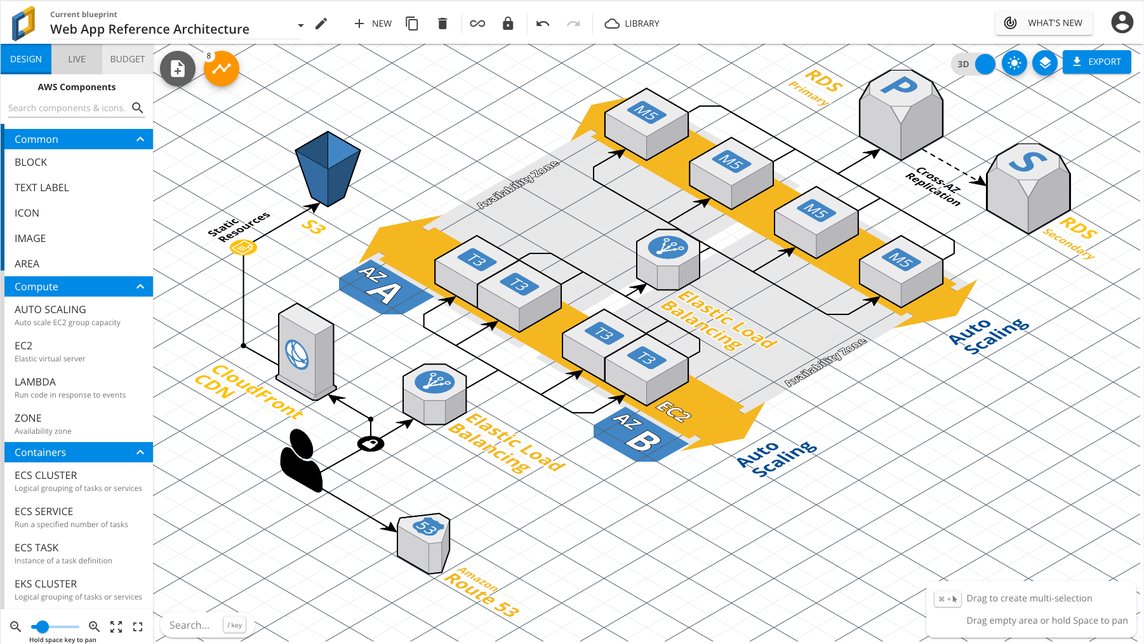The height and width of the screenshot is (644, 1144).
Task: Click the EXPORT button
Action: tap(1096, 62)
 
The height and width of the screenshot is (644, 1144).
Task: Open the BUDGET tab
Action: tap(127, 59)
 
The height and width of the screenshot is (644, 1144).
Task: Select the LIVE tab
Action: tap(76, 59)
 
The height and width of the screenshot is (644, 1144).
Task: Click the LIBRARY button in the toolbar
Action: tap(632, 23)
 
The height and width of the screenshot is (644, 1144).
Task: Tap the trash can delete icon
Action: tap(442, 23)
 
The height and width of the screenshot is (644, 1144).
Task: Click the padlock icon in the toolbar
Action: tap(508, 23)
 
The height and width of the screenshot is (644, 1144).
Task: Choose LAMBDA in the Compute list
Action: tap(36, 382)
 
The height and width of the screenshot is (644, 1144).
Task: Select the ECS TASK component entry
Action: tap(37, 547)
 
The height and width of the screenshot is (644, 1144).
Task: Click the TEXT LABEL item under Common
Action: tap(42, 187)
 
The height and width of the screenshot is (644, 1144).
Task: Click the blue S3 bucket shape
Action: tap(328, 168)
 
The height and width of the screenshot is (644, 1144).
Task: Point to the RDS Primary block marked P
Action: tap(900, 114)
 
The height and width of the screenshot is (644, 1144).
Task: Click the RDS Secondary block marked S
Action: tap(1028, 187)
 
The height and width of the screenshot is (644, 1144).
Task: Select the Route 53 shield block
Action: tap(424, 542)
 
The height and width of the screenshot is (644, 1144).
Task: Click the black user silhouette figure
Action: tap(302, 460)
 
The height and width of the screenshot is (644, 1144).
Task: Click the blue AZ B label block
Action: tap(638, 434)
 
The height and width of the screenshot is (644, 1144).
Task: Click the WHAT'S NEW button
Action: tap(1044, 23)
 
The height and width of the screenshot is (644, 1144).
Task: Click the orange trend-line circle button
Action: tap(222, 69)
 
